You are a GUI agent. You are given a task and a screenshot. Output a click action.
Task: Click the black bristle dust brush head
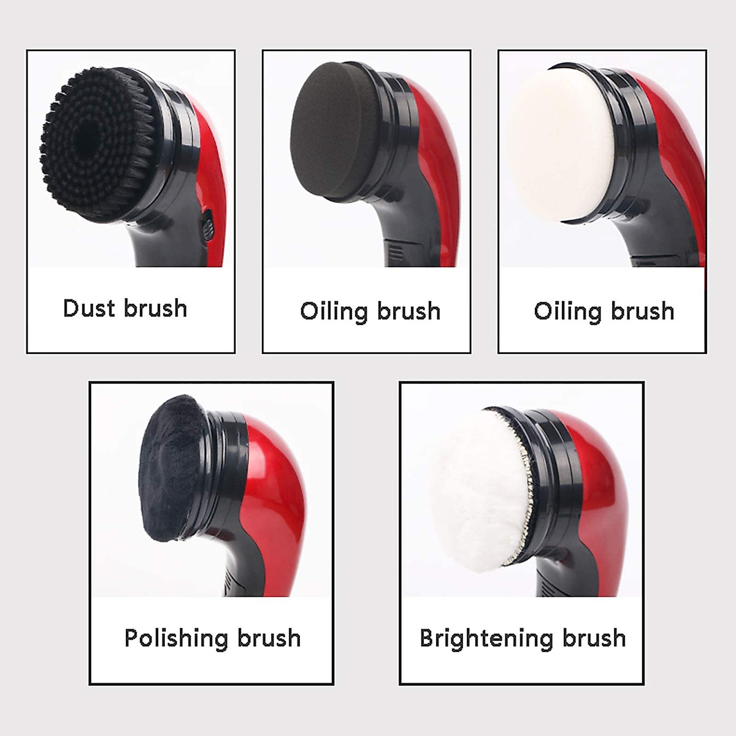coord(98,144)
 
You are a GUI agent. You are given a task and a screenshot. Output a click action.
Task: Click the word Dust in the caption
coord(90,308)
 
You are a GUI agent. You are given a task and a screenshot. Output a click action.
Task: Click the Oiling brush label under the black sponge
coord(370,312)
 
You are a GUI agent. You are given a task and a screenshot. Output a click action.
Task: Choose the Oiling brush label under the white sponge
coord(604,312)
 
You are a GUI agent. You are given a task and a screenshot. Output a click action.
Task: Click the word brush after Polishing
coord(269,638)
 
